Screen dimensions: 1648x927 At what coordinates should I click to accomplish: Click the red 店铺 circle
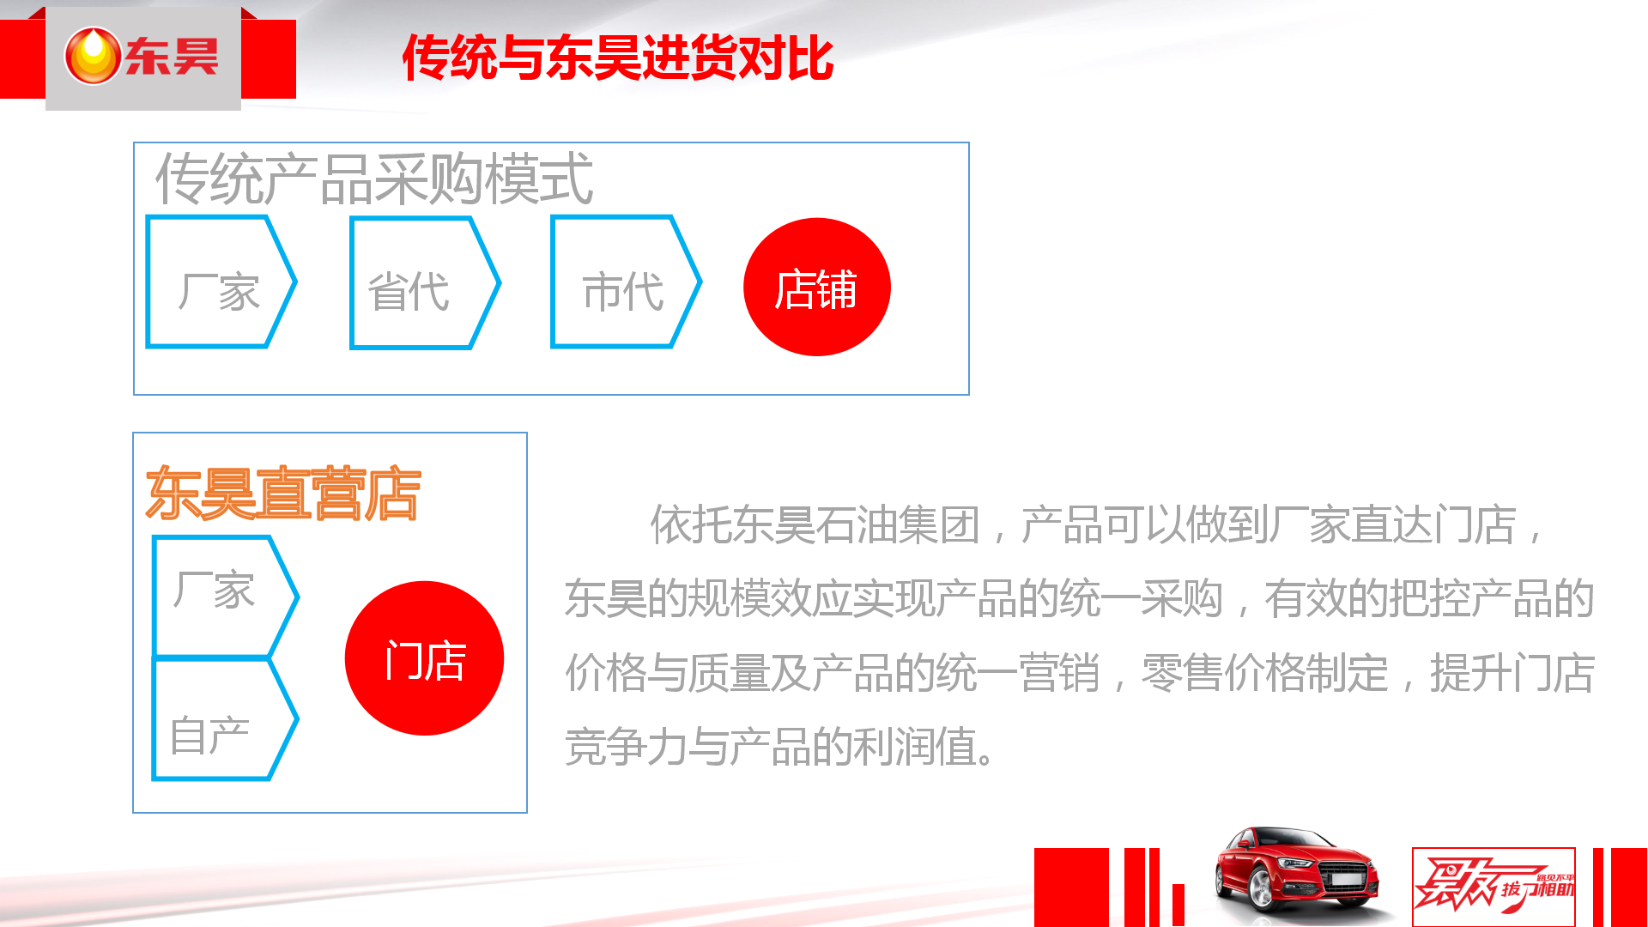[x=816, y=287]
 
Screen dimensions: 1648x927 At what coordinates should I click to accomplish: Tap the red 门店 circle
[x=424, y=658]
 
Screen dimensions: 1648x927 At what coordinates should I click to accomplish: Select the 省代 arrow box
[x=424, y=282]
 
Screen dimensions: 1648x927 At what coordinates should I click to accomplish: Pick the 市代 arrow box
[x=626, y=282]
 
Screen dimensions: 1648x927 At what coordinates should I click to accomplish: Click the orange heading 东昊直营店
[x=283, y=494]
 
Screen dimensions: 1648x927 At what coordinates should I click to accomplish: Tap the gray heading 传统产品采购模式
[x=373, y=179]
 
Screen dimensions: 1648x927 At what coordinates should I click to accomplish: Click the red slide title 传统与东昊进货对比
[x=618, y=58]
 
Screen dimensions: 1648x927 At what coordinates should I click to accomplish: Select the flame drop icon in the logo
[x=93, y=56]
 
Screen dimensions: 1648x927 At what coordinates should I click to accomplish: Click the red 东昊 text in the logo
[x=172, y=57]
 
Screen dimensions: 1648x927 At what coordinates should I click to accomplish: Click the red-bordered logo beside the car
[x=1493, y=887]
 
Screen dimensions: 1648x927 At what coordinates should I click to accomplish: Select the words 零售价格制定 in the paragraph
[x=1263, y=672]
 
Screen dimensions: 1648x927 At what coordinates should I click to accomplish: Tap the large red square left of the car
[x=1071, y=887]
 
